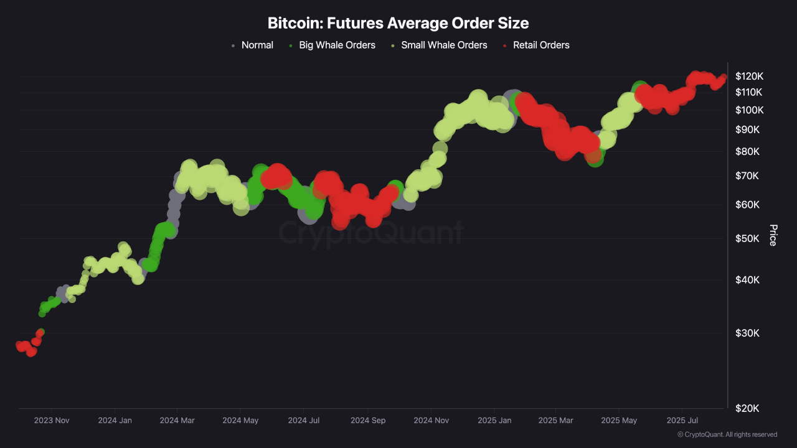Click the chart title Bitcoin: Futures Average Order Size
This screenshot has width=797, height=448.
(398, 24)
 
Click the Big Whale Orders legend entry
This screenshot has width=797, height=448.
(337, 45)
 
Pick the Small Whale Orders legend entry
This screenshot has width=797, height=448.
(443, 45)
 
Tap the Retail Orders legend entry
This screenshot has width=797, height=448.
(540, 45)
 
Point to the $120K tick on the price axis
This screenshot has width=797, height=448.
(749, 76)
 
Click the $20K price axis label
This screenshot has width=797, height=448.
(747, 408)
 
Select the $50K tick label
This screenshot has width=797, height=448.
(747, 239)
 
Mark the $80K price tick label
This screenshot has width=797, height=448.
(747, 152)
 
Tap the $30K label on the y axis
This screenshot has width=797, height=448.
(747, 333)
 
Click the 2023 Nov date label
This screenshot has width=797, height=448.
(52, 421)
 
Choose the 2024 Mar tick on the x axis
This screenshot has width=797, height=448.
(177, 421)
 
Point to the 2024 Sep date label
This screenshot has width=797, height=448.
(368, 421)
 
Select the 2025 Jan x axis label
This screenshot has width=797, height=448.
(494, 421)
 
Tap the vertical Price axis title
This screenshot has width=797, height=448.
(773, 235)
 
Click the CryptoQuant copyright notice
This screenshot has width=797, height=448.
(727, 434)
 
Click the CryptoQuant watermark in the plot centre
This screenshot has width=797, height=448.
(370, 233)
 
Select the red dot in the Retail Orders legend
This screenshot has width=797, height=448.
(505, 45)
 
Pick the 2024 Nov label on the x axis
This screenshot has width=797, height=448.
(431, 421)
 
